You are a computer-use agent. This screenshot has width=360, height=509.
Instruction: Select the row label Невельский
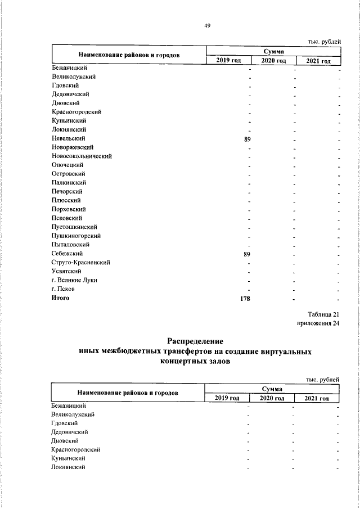coord(68,138)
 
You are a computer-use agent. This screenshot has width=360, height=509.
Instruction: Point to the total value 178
coord(245,298)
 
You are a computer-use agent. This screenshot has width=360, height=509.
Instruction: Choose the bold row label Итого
coord(60,298)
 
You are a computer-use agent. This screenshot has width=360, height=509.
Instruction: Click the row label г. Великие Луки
coord(74,280)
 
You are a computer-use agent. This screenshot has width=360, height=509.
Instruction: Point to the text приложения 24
coord(318,323)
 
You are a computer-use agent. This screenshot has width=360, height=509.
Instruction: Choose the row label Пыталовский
coord(71,245)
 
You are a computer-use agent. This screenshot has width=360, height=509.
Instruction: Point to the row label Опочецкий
coord(67,165)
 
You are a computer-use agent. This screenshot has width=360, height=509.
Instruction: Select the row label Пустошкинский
coord(75,227)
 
